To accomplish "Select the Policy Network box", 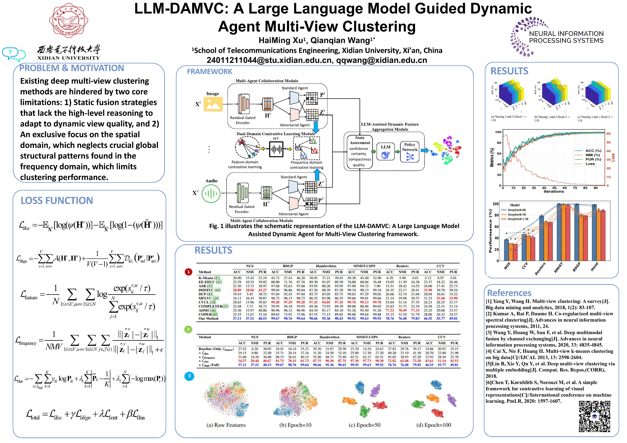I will pyautogui.click(x=410, y=152).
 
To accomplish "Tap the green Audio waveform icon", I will pyautogui.click(x=211, y=194).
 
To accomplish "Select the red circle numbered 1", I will pyautogui.click(x=188, y=272).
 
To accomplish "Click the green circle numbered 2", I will pyautogui.click(x=188, y=329).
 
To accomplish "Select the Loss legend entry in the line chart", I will pyautogui.click(x=590, y=164).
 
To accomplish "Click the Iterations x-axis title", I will pyautogui.click(x=554, y=192).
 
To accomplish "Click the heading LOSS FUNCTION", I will pyautogui.click(x=57, y=201).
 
